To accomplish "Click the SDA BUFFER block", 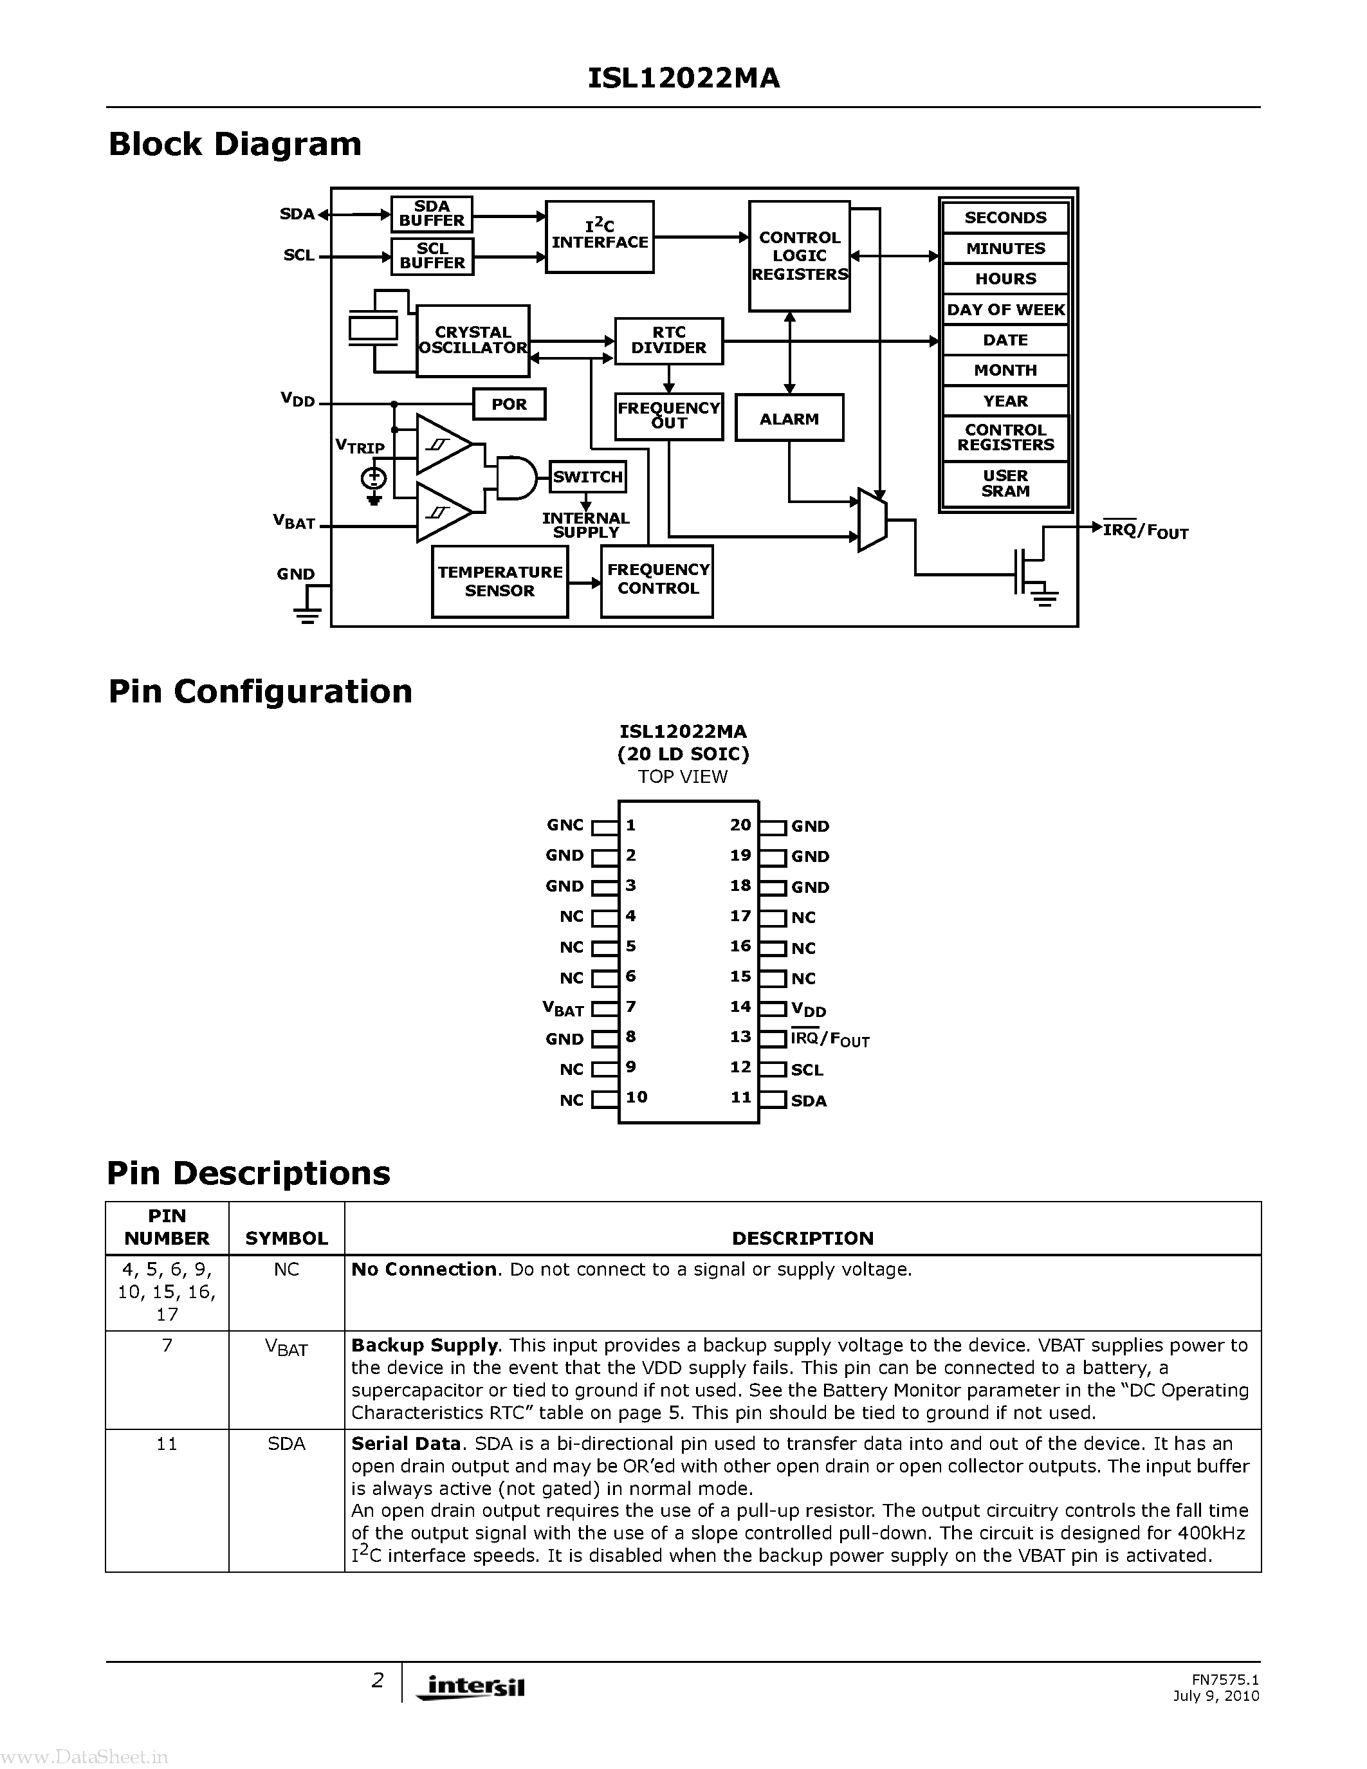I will (x=432, y=214).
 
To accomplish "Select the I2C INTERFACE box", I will (x=600, y=237).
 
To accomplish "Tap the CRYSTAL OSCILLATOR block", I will (x=473, y=340).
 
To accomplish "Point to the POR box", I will (x=509, y=404).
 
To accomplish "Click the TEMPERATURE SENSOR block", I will (x=500, y=582).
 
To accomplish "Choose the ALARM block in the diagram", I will (x=789, y=419).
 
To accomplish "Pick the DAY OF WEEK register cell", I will (x=1005, y=309).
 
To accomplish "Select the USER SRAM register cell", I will (x=1005, y=484).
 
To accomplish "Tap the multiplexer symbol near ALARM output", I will (x=872, y=520).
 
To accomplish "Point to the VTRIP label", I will (x=360, y=446).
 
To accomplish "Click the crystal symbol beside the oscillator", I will (x=373, y=328).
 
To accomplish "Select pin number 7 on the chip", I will (x=631, y=1007).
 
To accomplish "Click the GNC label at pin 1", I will (x=564, y=825).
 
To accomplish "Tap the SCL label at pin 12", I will (x=807, y=1070).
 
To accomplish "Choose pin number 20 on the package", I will (x=740, y=825).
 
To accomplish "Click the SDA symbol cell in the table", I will (x=287, y=1444).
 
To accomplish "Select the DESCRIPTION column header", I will (x=803, y=1238).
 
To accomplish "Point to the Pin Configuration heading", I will (x=260, y=692).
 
